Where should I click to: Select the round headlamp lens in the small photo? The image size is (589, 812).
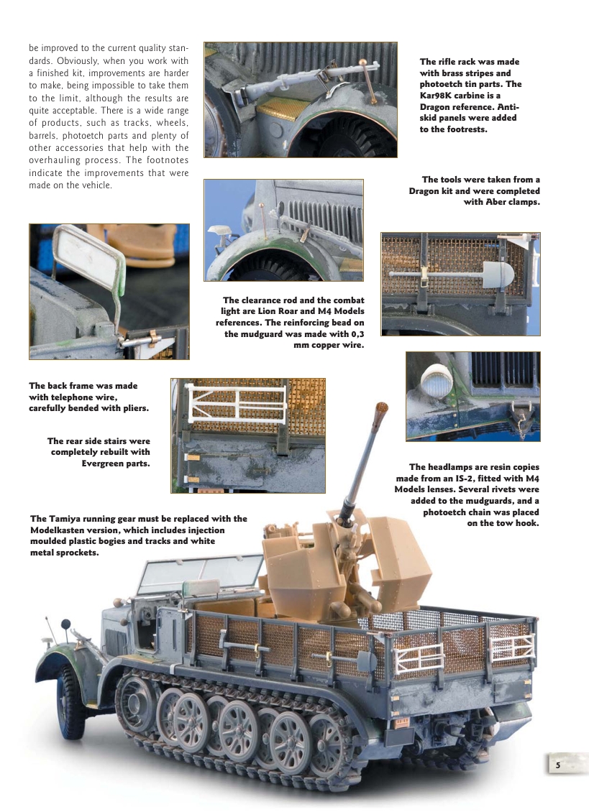pyautogui.click(x=437, y=382)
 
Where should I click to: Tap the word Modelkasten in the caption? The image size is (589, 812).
pyautogui.click(x=62, y=530)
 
